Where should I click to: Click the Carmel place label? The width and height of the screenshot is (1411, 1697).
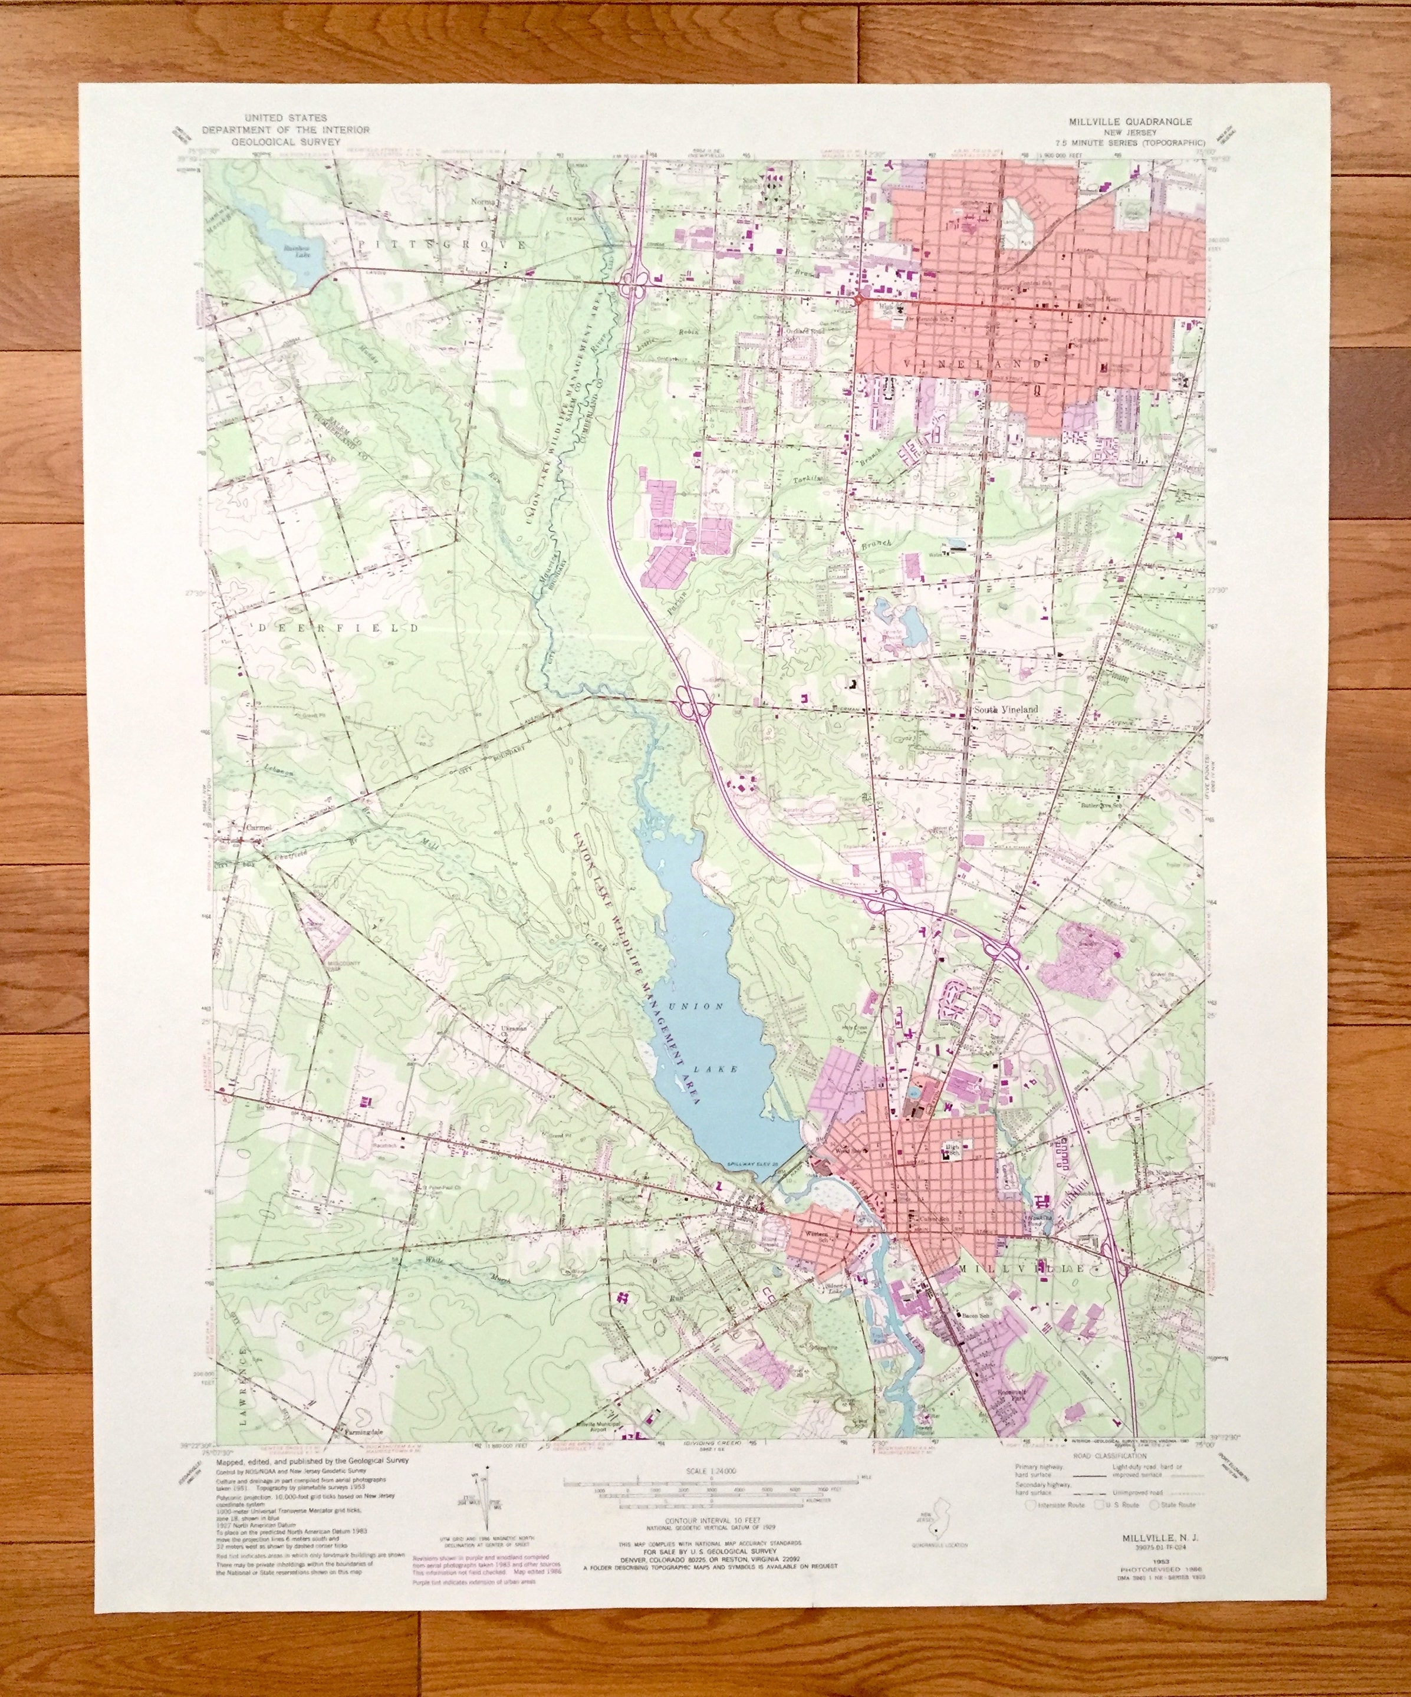click(259, 828)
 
